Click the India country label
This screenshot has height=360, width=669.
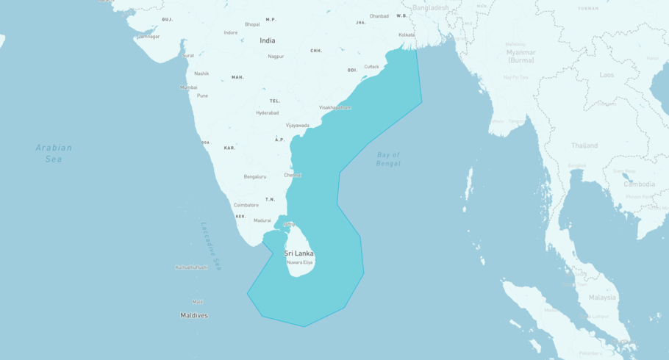click(267, 40)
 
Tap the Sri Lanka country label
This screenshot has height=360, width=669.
click(298, 253)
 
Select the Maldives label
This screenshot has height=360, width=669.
click(194, 315)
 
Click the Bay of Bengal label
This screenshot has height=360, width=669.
click(388, 159)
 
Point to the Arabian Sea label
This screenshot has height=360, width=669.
click(54, 153)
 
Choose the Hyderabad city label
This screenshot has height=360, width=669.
click(267, 112)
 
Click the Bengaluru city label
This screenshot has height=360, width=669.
click(254, 176)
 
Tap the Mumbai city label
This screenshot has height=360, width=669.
click(188, 87)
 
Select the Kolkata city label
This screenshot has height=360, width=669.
click(407, 35)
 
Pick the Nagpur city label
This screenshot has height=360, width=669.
click(276, 57)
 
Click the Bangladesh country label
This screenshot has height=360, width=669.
click(430, 7)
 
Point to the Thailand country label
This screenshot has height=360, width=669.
click(584, 145)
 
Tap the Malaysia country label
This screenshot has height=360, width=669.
click(602, 298)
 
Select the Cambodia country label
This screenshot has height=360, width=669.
click(639, 184)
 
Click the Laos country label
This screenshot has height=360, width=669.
click(607, 75)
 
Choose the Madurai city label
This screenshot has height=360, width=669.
click(262, 220)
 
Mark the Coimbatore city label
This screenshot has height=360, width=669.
click(246, 205)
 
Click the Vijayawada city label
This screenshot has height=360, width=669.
click(297, 125)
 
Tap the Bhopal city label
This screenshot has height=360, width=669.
click(252, 24)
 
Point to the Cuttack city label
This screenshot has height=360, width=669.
click(371, 67)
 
